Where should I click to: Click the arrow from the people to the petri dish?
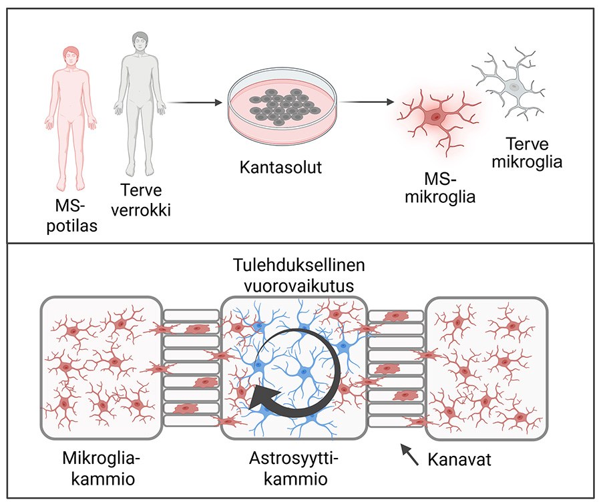(x=194, y=103)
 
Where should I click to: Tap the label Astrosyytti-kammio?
(x=294, y=469)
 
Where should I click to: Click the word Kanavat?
(x=459, y=460)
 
